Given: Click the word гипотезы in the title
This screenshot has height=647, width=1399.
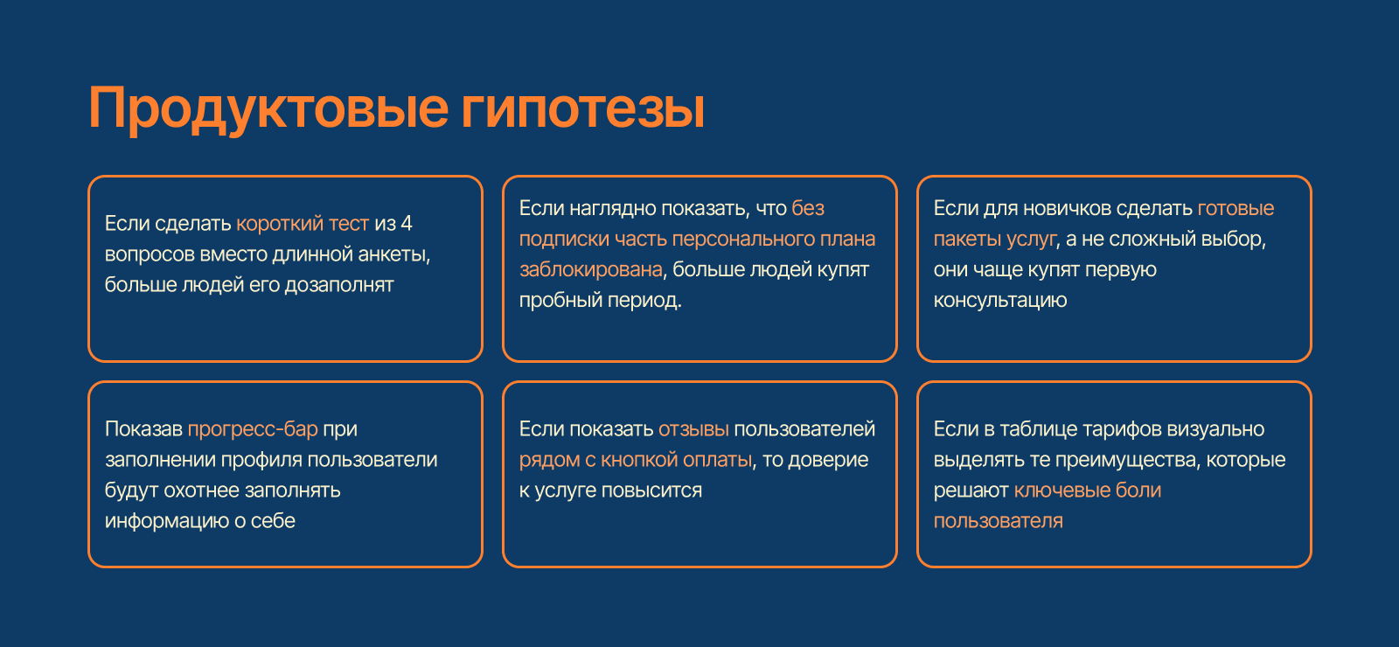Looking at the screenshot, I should (582, 109).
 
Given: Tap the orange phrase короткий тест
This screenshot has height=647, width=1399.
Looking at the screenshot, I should (303, 224).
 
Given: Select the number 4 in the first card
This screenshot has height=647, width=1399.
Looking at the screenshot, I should (406, 224).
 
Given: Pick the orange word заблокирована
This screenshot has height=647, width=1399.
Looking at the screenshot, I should (591, 269).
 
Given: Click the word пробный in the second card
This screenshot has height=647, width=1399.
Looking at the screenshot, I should (554, 300).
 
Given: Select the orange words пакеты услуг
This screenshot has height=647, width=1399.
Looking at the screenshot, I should (995, 239).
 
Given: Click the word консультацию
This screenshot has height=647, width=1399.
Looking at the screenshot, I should (1000, 300).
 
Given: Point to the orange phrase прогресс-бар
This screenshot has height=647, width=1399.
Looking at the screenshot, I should (253, 429).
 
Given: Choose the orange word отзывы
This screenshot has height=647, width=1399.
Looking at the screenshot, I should (693, 429).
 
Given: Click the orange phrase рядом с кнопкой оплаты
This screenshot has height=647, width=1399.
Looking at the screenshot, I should (636, 460).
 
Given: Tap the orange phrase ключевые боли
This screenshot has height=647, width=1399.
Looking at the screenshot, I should (1087, 490).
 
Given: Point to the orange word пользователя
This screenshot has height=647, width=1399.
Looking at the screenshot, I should (998, 521).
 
